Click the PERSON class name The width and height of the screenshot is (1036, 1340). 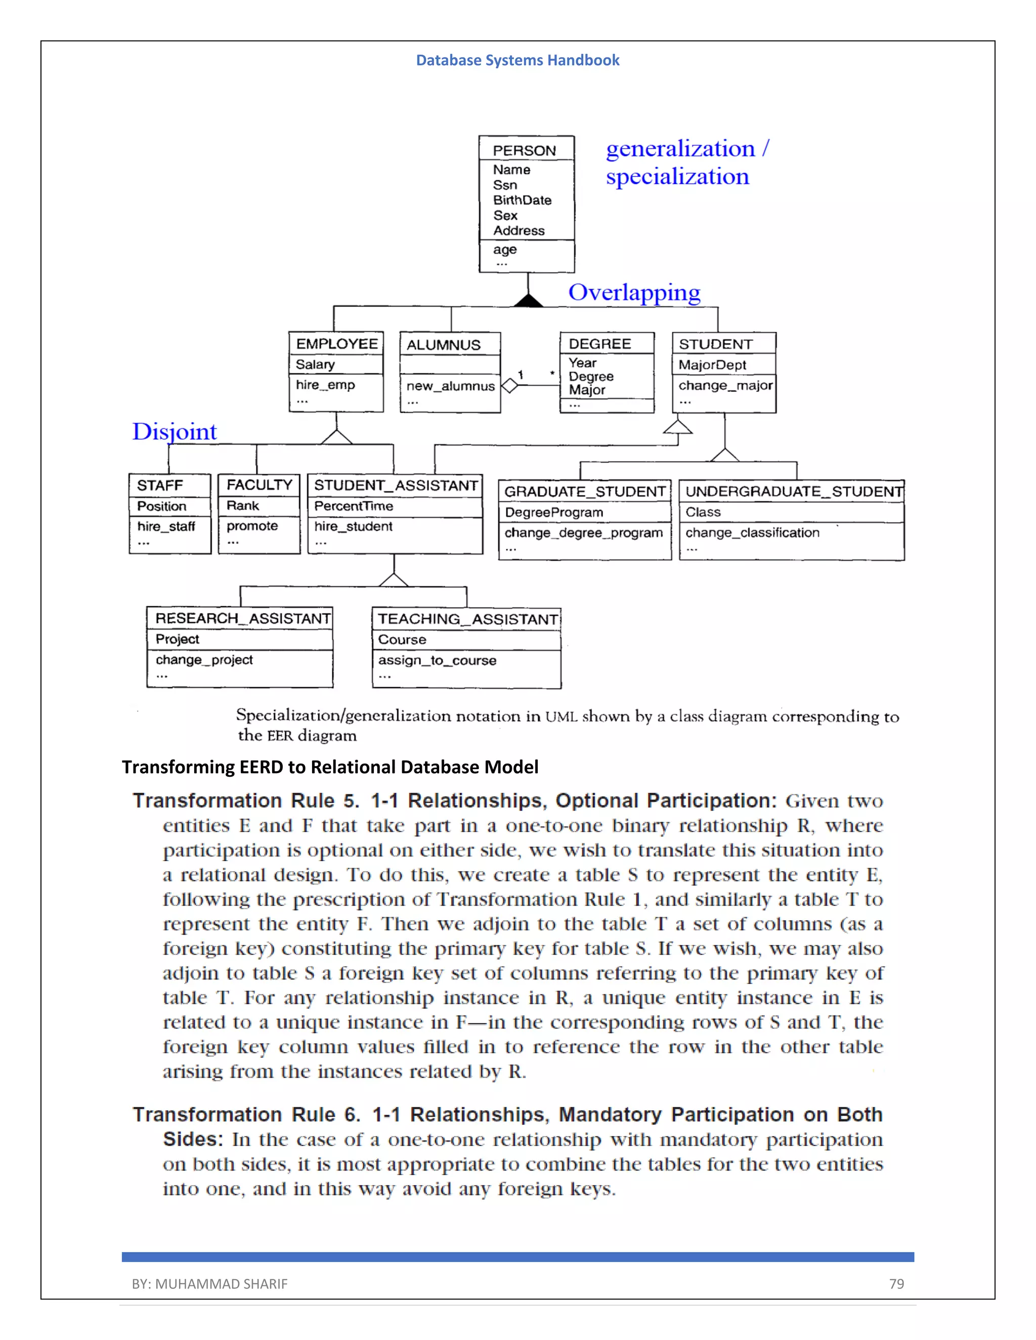pyautogui.click(x=524, y=150)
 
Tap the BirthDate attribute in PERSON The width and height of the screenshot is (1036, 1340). pyautogui.click(x=522, y=200)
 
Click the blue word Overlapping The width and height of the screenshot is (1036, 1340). pyautogui.click(x=634, y=293)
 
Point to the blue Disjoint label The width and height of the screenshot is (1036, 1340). pyautogui.click(x=175, y=431)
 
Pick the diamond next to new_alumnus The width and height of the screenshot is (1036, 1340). pyautogui.click(x=509, y=386)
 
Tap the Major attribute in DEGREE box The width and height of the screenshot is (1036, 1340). pyautogui.click(x=587, y=390)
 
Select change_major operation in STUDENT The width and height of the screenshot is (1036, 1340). pyautogui.click(x=725, y=386)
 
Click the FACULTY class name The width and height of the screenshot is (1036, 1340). pyautogui.click(x=259, y=485)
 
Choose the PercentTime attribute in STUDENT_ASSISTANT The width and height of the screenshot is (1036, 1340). pyautogui.click(x=354, y=506)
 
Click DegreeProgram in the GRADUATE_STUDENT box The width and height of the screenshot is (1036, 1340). pyautogui.click(x=553, y=512)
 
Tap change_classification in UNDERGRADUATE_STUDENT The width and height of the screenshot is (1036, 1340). pyautogui.click(x=752, y=532)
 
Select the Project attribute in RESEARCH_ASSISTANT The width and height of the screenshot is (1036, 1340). pyautogui.click(x=178, y=639)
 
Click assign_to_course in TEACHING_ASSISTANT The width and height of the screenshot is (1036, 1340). pyautogui.click(x=437, y=661)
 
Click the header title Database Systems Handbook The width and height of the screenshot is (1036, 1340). pyautogui.click(x=517, y=60)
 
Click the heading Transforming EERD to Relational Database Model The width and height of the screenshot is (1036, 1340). pyautogui.click(x=330, y=767)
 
